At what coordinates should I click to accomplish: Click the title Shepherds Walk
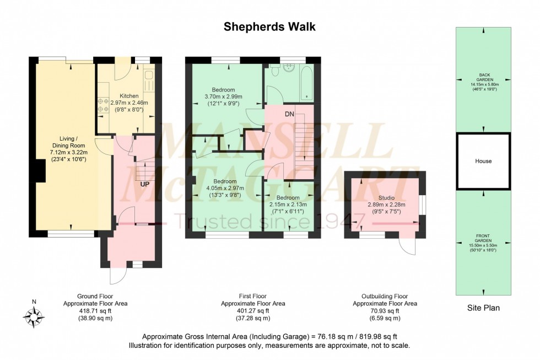269,26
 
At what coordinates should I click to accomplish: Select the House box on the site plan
483,161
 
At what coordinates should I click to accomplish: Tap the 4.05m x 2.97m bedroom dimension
225,188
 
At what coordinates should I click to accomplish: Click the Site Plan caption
483,308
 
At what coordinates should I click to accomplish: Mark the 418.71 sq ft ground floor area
88,311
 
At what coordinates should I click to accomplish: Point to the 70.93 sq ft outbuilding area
385,311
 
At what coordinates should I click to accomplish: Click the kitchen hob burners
102,105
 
